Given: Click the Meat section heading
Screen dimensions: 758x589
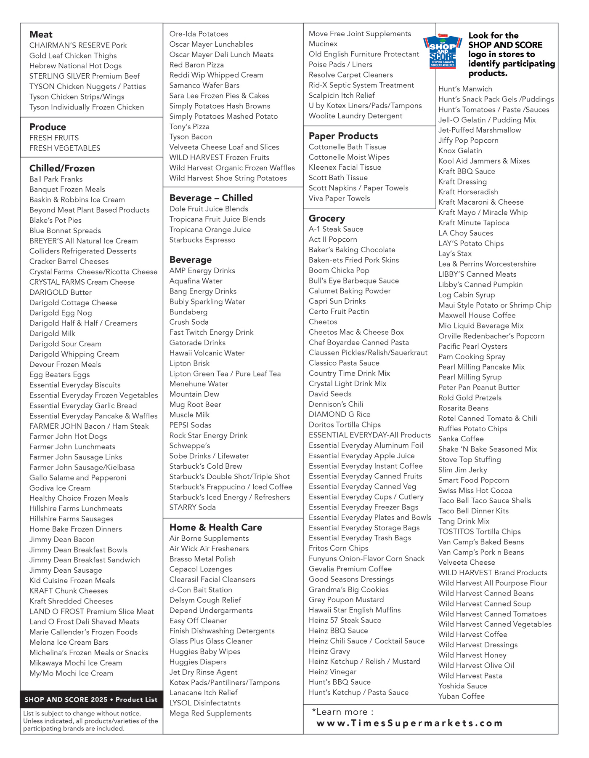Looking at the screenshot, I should tap(41, 35).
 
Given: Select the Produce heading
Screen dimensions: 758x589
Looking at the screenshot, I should tap(48, 127).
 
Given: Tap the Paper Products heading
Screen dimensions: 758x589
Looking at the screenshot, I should tap(343, 136).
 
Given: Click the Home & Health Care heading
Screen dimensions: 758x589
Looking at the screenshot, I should tap(215, 527).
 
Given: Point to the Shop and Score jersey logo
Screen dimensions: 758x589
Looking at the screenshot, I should tap(443, 51).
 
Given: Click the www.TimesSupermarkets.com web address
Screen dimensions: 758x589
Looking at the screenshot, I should tap(409, 723).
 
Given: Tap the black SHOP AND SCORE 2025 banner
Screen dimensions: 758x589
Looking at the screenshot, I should tap(91, 699).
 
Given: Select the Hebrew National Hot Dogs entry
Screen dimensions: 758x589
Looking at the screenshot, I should tap(75, 66).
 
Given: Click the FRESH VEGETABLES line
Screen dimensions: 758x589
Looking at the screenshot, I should tap(65, 148).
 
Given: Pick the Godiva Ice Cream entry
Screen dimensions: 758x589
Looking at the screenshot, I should tap(60, 488).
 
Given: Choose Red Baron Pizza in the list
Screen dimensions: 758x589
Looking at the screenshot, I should tap(196, 65).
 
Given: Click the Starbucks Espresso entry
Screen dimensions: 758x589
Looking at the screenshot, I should tap(202, 240).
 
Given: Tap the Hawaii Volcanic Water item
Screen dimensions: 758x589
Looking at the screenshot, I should tap(207, 353).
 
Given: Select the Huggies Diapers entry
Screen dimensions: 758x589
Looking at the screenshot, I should tap(198, 662).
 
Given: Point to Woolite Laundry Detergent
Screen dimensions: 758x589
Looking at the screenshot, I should tap(356, 116).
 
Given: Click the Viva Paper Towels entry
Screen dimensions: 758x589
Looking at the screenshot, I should tap(339, 198).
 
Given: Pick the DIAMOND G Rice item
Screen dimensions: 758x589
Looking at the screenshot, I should tap(340, 414).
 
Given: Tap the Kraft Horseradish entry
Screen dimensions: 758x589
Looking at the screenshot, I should tap(468, 192).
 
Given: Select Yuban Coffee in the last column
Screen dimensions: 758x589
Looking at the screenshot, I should tap(461, 696).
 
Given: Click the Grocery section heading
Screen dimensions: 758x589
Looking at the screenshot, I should tap(326, 218).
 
